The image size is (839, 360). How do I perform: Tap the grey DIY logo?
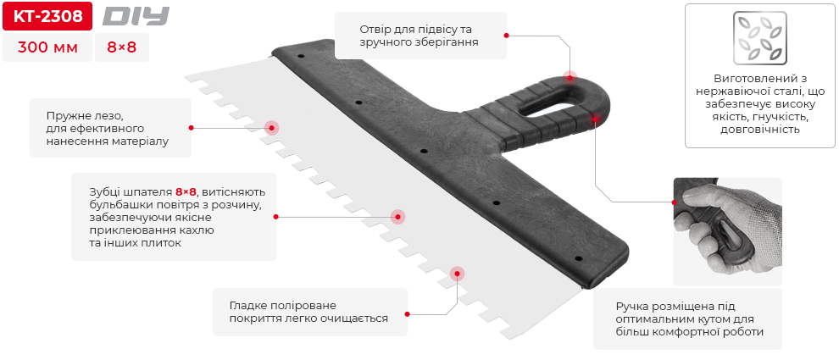point(136,16)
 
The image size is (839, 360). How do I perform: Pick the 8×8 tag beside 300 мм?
point(121,47)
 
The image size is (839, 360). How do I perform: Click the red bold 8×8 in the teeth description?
point(186,191)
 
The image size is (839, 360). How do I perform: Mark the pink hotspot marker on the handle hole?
point(570,77)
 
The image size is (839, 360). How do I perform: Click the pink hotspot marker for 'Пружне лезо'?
point(271,128)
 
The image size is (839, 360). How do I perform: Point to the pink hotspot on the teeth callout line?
point(397,217)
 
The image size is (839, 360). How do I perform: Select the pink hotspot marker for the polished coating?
point(458,273)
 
